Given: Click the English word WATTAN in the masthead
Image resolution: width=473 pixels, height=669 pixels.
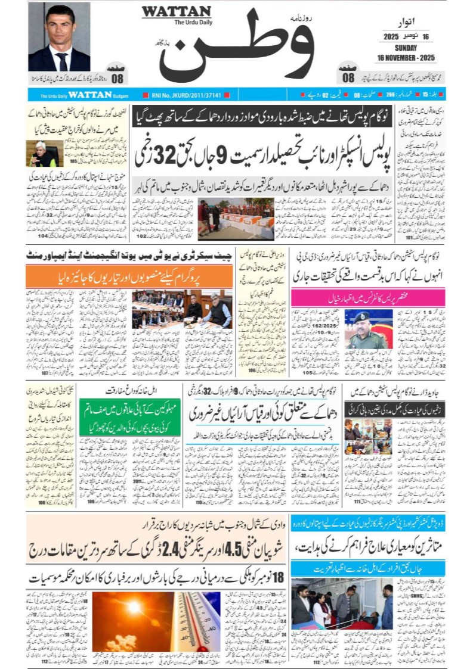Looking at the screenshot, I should tap(176, 11).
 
